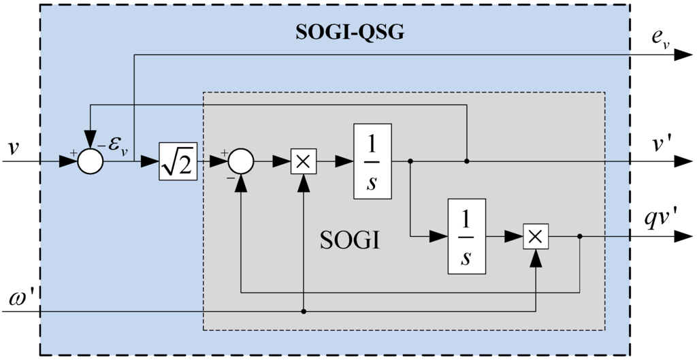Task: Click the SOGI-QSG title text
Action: (349, 33)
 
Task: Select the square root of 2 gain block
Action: (178, 161)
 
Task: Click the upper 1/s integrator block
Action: (372, 161)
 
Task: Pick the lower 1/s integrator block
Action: (466, 236)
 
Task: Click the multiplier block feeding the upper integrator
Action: (304, 161)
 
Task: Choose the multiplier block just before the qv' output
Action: (536, 236)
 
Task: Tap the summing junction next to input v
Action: (89, 161)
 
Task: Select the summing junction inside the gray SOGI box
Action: (240, 161)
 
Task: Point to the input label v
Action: (13, 147)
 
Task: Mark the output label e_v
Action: (660, 42)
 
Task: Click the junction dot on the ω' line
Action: (304, 312)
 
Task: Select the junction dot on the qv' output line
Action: (579, 236)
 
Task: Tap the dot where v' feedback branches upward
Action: (466, 161)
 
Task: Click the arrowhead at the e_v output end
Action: (683, 56)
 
